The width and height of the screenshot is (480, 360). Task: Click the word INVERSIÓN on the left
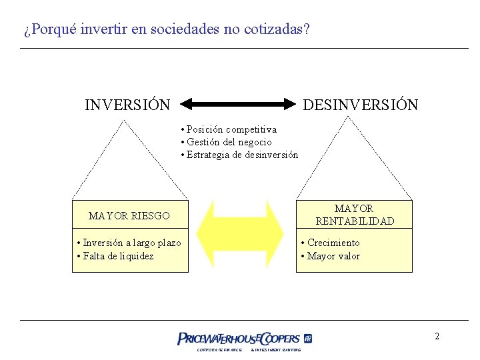[x=127, y=105]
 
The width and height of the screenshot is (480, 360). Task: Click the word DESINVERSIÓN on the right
[x=361, y=105]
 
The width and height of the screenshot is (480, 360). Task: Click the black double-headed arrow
[x=238, y=104]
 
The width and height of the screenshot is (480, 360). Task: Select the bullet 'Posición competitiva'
[x=229, y=129]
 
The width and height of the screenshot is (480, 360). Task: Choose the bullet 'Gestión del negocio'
[x=226, y=142]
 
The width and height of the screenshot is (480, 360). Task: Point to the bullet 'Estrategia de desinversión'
[x=239, y=155]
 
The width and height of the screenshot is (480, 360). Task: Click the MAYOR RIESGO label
[x=129, y=216]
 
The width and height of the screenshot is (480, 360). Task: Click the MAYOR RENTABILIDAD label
[x=354, y=215]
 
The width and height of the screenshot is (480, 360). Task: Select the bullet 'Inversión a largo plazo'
[x=129, y=243]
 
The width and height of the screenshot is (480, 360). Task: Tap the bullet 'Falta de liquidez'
[x=115, y=256]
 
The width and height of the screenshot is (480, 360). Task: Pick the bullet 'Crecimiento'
[x=331, y=243]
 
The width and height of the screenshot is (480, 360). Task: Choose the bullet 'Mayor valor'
[x=331, y=256]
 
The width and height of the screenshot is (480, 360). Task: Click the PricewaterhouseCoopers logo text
[x=238, y=339]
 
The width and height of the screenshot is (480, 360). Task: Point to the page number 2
[x=437, y=336]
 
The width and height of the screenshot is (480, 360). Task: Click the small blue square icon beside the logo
[x=308, y=338]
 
